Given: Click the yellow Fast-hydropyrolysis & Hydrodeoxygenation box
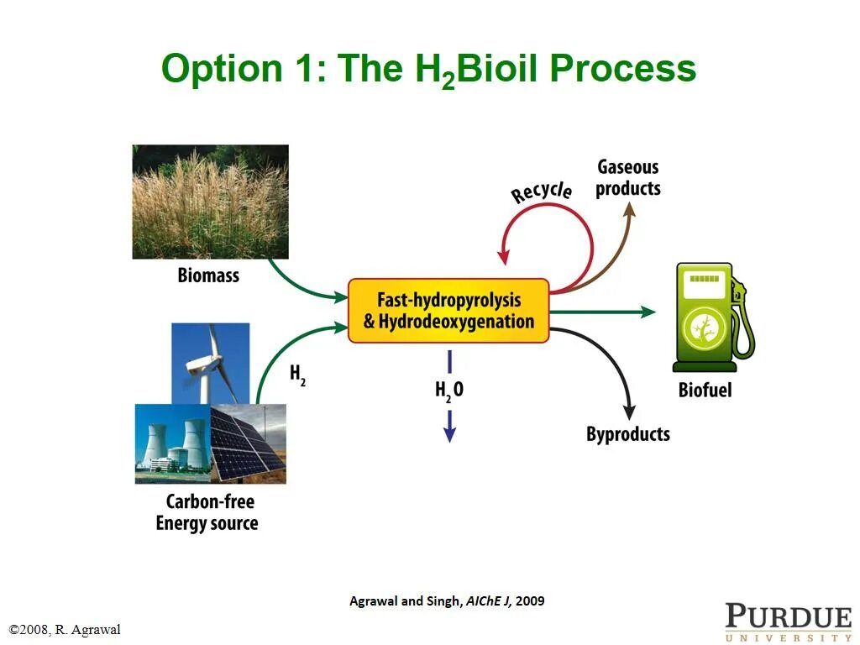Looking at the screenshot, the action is (448, 311).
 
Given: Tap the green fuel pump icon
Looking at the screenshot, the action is (713, 317).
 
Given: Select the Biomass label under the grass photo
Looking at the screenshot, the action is (208, 275).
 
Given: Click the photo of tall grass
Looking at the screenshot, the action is (211, 202).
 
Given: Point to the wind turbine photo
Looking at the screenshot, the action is (211, 364).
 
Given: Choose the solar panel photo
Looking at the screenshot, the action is (249, 443).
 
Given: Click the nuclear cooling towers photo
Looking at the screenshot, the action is (173, 443).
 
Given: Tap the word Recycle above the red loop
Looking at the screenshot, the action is (542, 192).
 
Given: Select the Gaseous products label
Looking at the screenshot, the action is (628, 177).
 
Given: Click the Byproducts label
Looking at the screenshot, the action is (628, 434).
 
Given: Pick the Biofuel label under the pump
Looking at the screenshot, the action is (705, 390).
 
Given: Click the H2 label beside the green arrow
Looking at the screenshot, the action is (297, 375).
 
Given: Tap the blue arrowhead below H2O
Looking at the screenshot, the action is (450, 434).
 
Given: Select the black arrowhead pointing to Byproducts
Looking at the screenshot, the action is (629, 412).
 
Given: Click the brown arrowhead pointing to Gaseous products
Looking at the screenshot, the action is (630, 209).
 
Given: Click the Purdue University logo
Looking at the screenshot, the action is (789, 622).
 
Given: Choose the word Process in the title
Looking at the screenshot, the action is (623, 69).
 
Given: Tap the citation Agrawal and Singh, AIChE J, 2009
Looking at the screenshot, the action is (447, 601).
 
